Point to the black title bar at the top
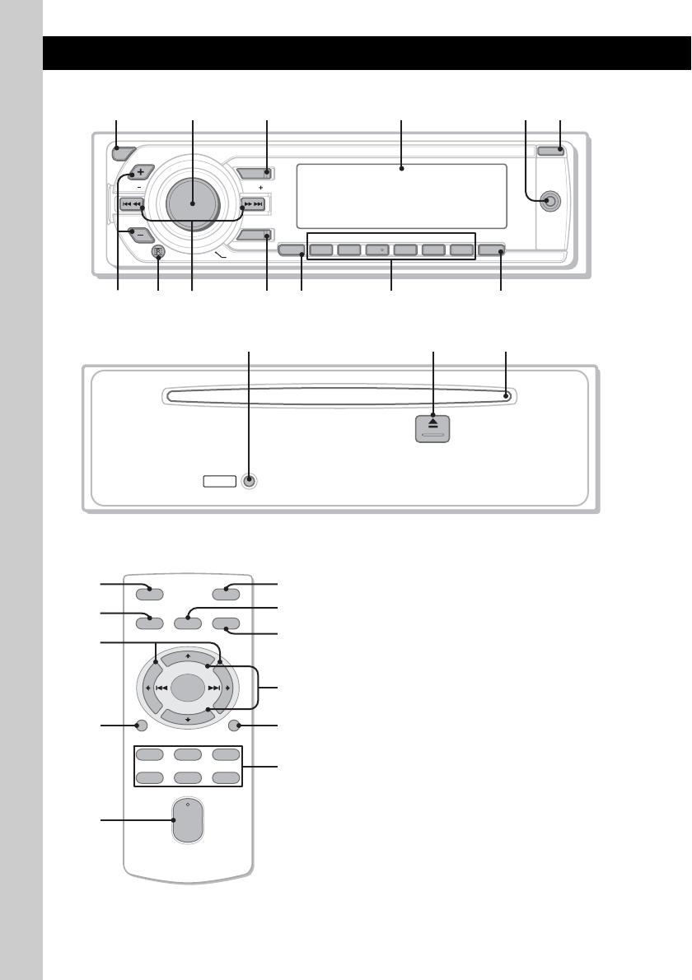(367, 52)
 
